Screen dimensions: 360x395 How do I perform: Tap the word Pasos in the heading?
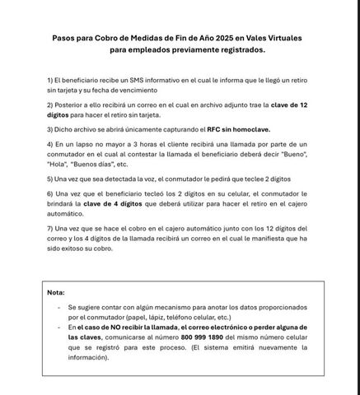(x=65, y=37)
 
